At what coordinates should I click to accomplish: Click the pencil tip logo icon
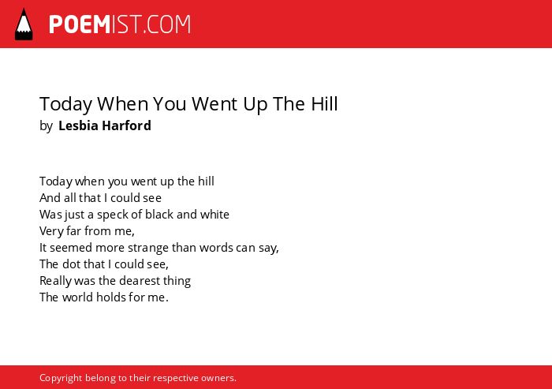pos(24,24)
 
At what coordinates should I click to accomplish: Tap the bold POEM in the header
pos(80,24)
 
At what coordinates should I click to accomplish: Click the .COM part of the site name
pos(167,24)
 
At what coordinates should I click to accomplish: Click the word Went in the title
pos(214,104)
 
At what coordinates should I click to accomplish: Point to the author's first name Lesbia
pos(78,125)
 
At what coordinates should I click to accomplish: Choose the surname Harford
pos(126,125)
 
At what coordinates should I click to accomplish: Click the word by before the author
pos(46,126)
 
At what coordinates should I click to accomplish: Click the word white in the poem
pos(214,215)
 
